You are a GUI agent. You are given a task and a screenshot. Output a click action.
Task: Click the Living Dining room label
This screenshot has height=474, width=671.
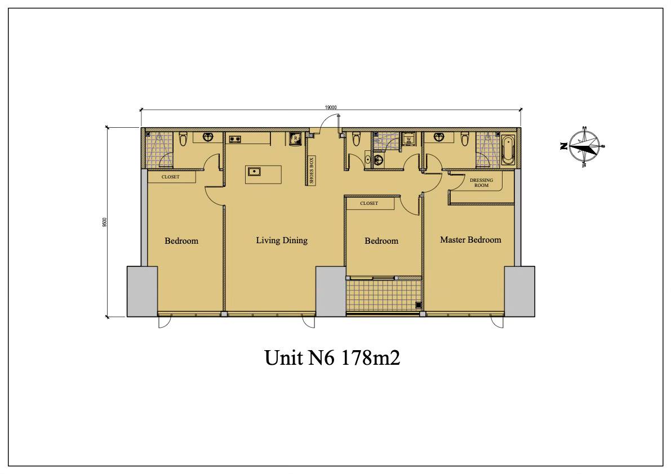point(282,240)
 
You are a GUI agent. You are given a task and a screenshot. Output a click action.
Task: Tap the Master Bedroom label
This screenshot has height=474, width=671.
point(470,240)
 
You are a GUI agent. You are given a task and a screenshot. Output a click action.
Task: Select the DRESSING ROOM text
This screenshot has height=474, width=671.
point(482,182)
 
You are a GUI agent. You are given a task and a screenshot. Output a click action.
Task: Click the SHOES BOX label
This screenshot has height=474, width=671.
point(312,171)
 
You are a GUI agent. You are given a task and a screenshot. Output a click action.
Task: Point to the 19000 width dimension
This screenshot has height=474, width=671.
point(331,108)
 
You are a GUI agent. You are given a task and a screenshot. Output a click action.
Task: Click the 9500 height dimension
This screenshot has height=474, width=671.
point(104,223)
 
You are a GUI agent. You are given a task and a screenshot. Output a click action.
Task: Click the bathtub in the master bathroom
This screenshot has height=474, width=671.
point(508,150)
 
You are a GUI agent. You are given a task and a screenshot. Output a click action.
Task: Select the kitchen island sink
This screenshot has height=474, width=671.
point(254,171)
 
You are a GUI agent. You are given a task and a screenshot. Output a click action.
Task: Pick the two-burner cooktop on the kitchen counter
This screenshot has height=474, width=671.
point(235,138)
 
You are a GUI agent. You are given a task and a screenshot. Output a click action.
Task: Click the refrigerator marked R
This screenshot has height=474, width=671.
point(295,139)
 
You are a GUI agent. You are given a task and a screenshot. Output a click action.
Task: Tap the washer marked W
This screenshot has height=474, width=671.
point(408,140)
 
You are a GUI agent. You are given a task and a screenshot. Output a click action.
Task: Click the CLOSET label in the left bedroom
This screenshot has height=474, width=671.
point(170,177)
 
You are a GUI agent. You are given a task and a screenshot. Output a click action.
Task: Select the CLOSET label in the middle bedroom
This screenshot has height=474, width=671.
point(369,203)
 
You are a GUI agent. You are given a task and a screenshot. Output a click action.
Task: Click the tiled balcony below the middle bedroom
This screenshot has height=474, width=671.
point(384,295)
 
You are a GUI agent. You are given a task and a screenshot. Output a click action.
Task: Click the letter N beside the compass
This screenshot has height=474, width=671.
point(563,146)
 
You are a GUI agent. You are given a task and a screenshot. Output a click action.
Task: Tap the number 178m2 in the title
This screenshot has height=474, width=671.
point(371,357)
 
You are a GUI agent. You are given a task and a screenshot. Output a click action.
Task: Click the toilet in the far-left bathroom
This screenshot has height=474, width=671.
point(183,140)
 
